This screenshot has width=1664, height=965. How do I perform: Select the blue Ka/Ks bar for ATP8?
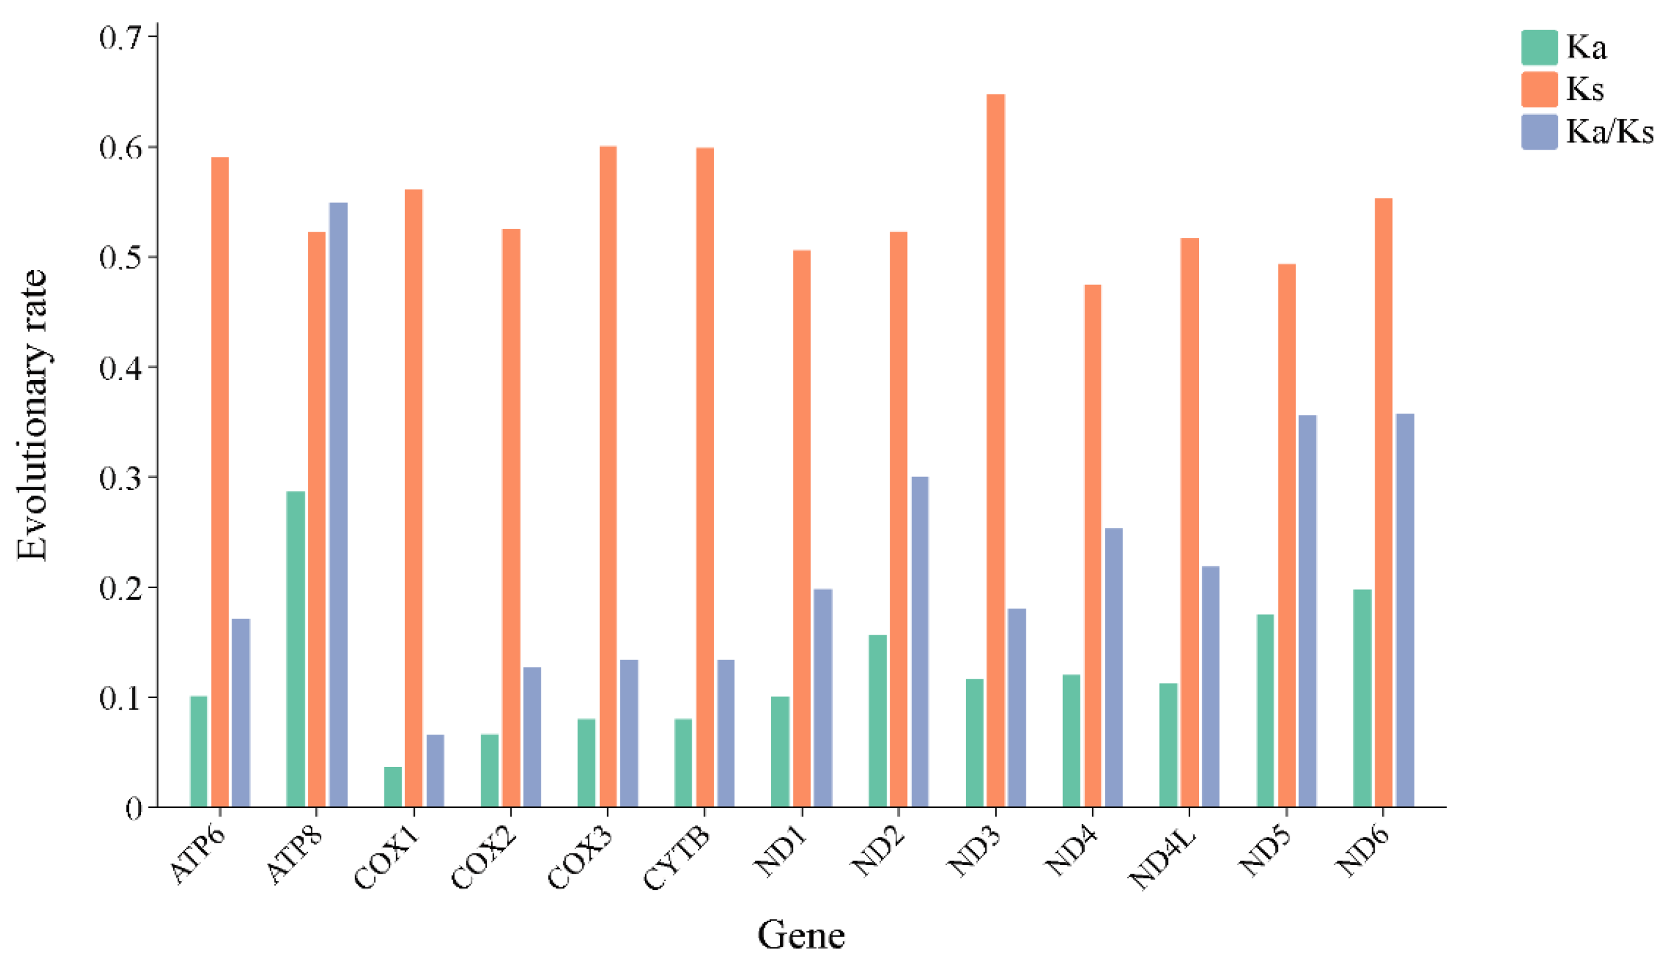click(338, 505)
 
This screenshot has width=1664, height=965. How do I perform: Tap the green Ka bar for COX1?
click(393, 787)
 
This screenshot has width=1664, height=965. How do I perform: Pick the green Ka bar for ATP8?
click(296, 649)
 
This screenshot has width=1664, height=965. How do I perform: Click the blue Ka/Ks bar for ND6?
click(1404, 610)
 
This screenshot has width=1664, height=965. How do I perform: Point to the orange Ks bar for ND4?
click(1092, 546)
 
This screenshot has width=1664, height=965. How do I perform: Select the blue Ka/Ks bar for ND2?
click(920, 641)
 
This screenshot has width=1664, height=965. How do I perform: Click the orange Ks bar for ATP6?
click(220, 482)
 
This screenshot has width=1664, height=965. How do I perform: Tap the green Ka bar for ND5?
click(1265, 710)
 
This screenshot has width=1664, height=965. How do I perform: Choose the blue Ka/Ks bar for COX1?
click(435, 770)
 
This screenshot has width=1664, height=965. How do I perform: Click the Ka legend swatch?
click(1539, 48)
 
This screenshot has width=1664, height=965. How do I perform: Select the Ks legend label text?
click(1585, 89)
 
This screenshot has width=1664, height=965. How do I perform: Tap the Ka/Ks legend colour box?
click(1539, 132)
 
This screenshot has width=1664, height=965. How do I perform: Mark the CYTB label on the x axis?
click(677, 859)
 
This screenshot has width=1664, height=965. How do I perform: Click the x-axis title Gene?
click(801, 935)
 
